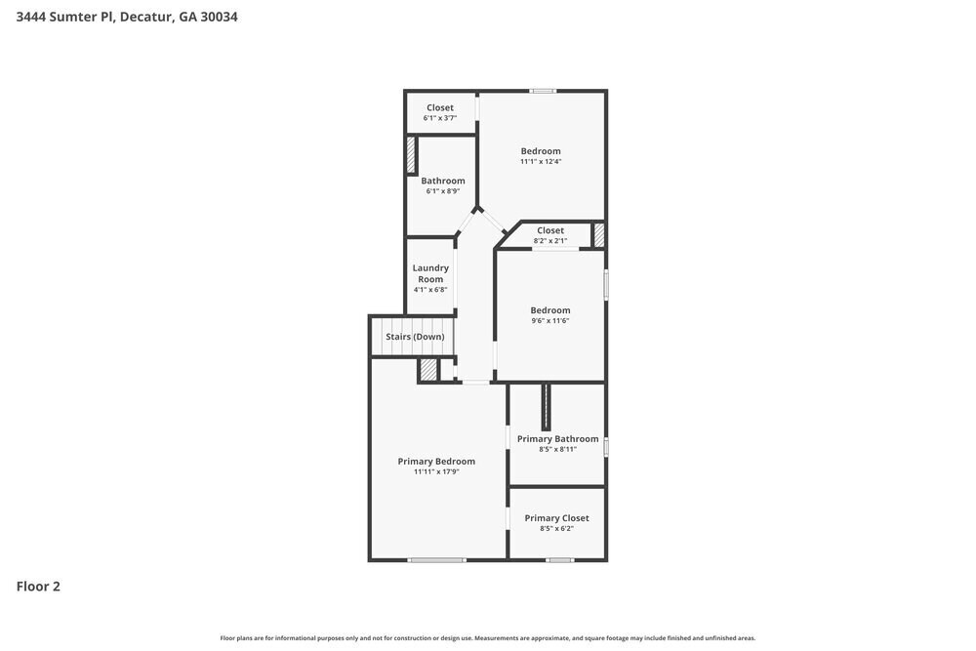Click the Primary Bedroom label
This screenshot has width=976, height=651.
tap(436, 462)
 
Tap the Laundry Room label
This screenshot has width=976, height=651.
tap(430, 273)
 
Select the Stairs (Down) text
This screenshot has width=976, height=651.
tap(415, 337)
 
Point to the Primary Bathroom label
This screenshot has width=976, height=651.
tap(557, 439)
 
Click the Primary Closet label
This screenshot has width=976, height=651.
tap(556, 518)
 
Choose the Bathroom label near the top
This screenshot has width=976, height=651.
tap(443, 181)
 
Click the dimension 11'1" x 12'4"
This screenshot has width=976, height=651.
tap(541, 162)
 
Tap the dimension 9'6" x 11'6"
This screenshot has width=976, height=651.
tap(550, 321)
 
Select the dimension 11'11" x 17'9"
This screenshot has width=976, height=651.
tap(436, 472)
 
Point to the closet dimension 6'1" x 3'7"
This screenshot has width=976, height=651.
tap(439, 118)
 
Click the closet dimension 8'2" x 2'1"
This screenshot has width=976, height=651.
tap(550, 241)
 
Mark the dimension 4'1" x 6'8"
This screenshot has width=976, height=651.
tap(430, 290)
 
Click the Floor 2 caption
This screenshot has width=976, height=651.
tap(38, 587)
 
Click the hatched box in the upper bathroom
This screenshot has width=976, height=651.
tap(411, 155)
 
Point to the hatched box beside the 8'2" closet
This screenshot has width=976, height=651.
tap(599, 234)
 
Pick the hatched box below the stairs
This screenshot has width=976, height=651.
tap(427, 370)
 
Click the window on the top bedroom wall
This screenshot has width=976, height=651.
tap(543, 91)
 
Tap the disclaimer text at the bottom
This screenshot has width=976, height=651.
tap(488, 638)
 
